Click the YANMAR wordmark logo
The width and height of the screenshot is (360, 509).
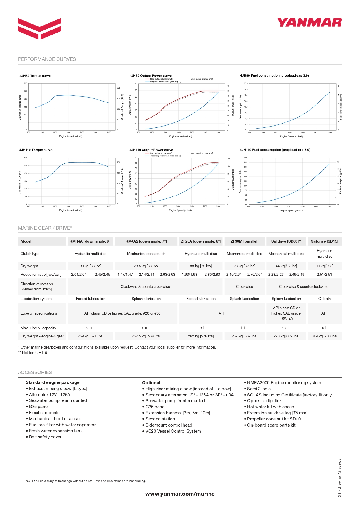[309, 23]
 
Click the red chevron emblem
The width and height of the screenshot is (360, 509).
[39, 28]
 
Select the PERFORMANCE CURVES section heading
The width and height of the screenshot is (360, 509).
[47, 59]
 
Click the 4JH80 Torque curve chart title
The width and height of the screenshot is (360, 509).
[35, 76]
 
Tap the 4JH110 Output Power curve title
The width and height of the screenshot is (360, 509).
[151, 150]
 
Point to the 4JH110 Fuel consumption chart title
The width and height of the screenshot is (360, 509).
[275, 150]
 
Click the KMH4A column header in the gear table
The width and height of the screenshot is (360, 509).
[91, 241]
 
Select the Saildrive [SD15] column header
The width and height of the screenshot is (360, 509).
[324, 241]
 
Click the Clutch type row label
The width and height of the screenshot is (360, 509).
[30, 254]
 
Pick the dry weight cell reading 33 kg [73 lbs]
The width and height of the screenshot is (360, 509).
[201, 266]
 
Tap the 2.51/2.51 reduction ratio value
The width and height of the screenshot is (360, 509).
[324, 274]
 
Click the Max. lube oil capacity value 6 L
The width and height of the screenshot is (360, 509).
[324, 328]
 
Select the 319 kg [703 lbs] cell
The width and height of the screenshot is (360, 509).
[324, 336]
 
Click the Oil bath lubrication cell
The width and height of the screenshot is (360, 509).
[324, 299]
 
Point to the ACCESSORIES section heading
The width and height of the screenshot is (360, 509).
[35, 372]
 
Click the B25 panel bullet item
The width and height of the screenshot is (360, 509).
[39, 407]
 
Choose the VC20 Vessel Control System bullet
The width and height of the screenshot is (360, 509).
[173, 431]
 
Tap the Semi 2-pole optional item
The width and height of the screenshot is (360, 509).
[259, 389]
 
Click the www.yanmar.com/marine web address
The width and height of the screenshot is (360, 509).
[180, 494]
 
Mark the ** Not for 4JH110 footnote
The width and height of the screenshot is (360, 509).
[32, 353]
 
